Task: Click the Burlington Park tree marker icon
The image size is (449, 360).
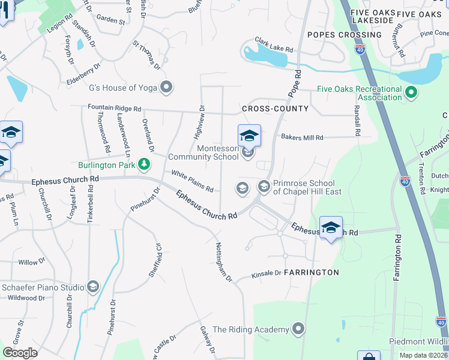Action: [x=143, y=164]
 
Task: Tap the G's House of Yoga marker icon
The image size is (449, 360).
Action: [x=167, y=88]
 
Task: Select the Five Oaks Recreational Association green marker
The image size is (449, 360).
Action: [x=411, y=93]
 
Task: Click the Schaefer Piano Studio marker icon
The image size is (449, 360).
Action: [x=92, y=287]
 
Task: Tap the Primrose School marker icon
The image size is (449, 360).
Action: [x=264, y=187]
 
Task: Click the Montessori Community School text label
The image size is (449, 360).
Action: [x=203, y=152]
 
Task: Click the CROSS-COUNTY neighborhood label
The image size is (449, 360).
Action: [x=275, y=109]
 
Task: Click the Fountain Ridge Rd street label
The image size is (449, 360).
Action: [x=114, y=109]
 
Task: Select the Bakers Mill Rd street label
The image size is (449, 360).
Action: [x=302, y=137]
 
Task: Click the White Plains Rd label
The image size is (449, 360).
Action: [x=192, y=181]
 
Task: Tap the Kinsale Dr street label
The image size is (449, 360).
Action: [x=265, y=274]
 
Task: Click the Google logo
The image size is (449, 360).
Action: [x=20, y=352]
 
